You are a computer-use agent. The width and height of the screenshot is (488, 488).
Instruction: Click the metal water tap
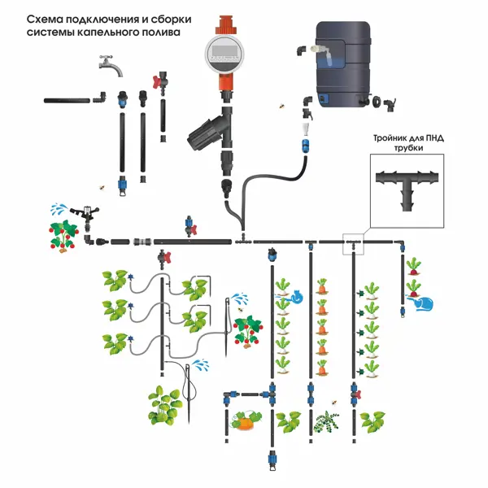point(111,66)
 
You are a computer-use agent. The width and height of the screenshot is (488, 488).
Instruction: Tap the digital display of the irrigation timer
point(225,50)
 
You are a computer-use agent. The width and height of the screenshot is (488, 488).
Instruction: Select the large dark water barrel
point(343,64)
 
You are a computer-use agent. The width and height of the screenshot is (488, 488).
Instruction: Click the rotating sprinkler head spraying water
point(85,213)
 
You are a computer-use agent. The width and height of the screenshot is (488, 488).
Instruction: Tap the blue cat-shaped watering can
point(298,297)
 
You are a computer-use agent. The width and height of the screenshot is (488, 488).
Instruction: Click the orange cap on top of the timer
point(225,25)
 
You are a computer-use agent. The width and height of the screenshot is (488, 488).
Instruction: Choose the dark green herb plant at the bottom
point(325,421)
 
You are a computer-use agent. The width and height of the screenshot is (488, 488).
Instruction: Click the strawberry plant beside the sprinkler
point(63,237)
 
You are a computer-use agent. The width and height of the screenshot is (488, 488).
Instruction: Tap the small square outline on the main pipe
point(353,244)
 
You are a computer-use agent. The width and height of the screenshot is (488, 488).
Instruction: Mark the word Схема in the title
point(44,20)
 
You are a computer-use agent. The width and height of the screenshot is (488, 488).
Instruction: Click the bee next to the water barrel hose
point(282,106)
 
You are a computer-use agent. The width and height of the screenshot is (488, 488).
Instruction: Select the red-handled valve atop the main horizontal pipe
point(190,226)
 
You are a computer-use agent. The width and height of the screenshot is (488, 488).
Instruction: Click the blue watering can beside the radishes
point(421,303)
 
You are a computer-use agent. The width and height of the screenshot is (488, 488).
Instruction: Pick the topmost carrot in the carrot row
point(322,286)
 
